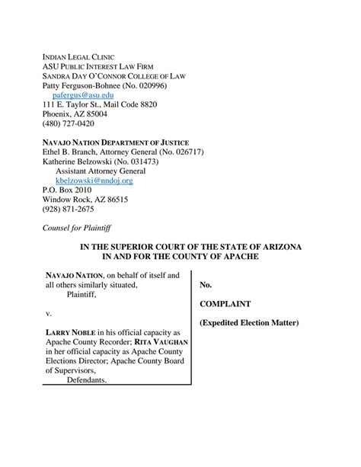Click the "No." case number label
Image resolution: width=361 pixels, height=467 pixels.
coord(206,285)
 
